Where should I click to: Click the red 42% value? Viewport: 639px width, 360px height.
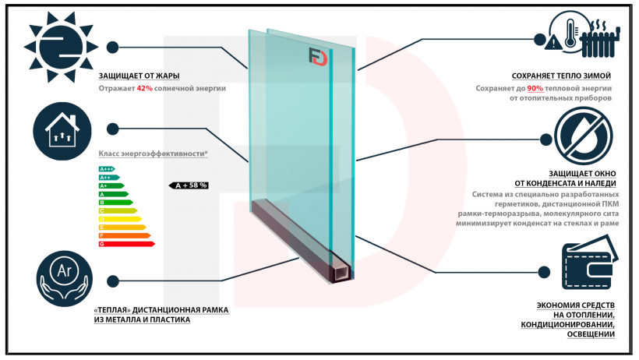pyautogui.click(x=144, y=88)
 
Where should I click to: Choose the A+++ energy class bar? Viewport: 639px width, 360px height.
pyautogui.click(x=108, y=168)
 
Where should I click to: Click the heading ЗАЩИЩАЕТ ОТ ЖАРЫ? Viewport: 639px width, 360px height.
pyautogui.click(x=139, y=76)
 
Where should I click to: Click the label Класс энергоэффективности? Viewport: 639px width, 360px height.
pyautogui.click(x=153, y=154)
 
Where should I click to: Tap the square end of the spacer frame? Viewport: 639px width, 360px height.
pyautogui.click(x=341, y=274)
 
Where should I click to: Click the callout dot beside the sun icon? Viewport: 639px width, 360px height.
pyautogui.click(x=113, y=47)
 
